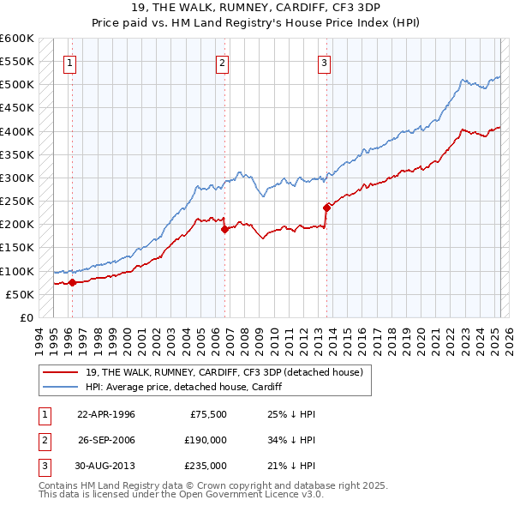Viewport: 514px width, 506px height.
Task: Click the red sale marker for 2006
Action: (224, 229)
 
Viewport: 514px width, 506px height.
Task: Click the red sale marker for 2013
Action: (326, 207)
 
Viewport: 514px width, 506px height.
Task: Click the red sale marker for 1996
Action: (72, 282)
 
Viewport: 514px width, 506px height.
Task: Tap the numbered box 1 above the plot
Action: (69, 62)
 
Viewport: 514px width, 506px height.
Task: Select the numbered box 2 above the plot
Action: (222, 62)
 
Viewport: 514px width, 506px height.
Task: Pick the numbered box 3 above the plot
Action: (325, 62)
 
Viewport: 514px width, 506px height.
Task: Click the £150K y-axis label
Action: (16, 248)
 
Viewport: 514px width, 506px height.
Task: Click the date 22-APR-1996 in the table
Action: (106, 414)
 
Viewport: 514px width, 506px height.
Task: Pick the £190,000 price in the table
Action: (206, 440)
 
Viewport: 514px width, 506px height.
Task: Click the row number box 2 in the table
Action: (43, 440)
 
